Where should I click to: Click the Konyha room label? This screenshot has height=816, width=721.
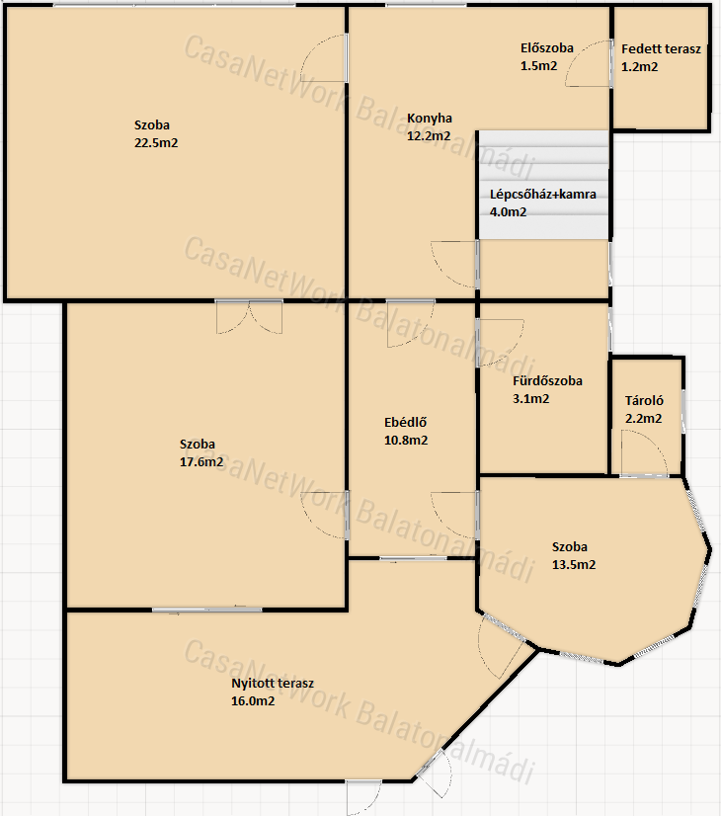click(x=430, y=119)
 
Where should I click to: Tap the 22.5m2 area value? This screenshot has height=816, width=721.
click(x=156, y=143)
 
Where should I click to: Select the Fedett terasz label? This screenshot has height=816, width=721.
click(x=661, y=49)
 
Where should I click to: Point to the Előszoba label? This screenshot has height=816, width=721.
click(x=547, y=47)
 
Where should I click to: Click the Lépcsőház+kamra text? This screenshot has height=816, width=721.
click(x=542, y=195)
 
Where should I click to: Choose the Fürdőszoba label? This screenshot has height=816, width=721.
click(x=547, y=381)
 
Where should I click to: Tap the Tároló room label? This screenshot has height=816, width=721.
click(x=644, y=401)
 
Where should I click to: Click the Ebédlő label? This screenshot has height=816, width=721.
click(x=405, y=423)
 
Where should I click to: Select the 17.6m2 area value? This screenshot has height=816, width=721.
click(x=201, y=462)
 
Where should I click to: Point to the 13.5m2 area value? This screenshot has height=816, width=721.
click(x=574, y=565)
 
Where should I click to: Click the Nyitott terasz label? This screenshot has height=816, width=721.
click(x=272, y=684)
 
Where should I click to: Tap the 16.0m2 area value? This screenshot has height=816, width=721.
click(x=253, y=701)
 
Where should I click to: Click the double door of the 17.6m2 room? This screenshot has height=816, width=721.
click(x=249, y=317)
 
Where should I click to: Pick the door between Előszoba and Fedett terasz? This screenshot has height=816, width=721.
click(x=589, y=63)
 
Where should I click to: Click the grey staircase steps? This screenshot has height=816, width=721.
click(x=543, y=185)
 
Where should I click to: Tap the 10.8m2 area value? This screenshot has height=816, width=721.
click(x=406, y=441)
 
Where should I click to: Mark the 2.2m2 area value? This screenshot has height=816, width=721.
click(x=644, y=419)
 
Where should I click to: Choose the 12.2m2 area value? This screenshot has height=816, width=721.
click(x=429, y=136)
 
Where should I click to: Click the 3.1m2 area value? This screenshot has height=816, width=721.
click(x=530, y=399)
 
